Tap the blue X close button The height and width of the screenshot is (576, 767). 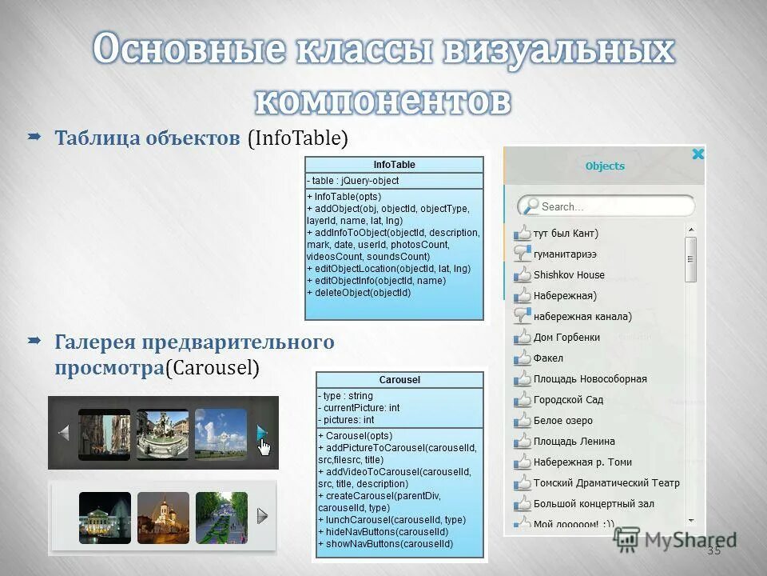(697, 154)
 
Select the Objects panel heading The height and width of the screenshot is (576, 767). (605, 166)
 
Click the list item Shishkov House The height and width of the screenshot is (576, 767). (569, 275)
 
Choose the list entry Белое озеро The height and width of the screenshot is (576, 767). (563, 421)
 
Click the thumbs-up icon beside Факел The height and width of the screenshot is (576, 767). (523, 358)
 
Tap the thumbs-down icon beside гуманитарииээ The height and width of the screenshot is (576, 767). (523, 254)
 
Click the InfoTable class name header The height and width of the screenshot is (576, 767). (394, 165)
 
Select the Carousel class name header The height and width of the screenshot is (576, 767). (400, 380)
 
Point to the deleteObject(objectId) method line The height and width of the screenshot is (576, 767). (360, 293)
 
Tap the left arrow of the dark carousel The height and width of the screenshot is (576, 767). (64, 433)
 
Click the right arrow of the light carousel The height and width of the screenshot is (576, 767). (262, 516)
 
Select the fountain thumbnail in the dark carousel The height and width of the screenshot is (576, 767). (162, 434)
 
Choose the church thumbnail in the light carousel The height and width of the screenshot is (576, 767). (163, 518)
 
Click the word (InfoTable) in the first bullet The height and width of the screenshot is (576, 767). (298, 138)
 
